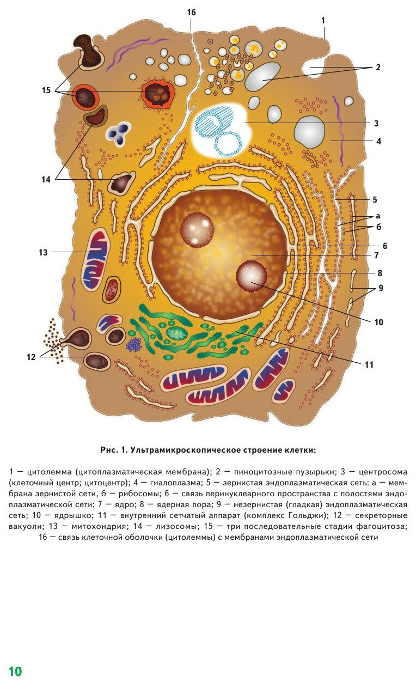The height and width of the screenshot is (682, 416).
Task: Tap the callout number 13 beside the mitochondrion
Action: [44, 252]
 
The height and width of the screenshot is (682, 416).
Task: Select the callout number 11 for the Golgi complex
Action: [369, 364]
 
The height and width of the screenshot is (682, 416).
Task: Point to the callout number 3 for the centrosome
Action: [376, 123]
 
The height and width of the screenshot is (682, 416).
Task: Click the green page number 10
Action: [15, 671]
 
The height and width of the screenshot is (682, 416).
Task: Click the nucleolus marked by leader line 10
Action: [252, 276]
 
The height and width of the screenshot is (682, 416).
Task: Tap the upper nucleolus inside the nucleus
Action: [197, 228]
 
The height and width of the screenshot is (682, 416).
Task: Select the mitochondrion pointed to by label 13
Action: [95, 252]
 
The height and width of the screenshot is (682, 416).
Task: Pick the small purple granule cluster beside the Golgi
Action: [134, 344]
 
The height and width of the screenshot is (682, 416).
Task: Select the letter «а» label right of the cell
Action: [377, 216]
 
